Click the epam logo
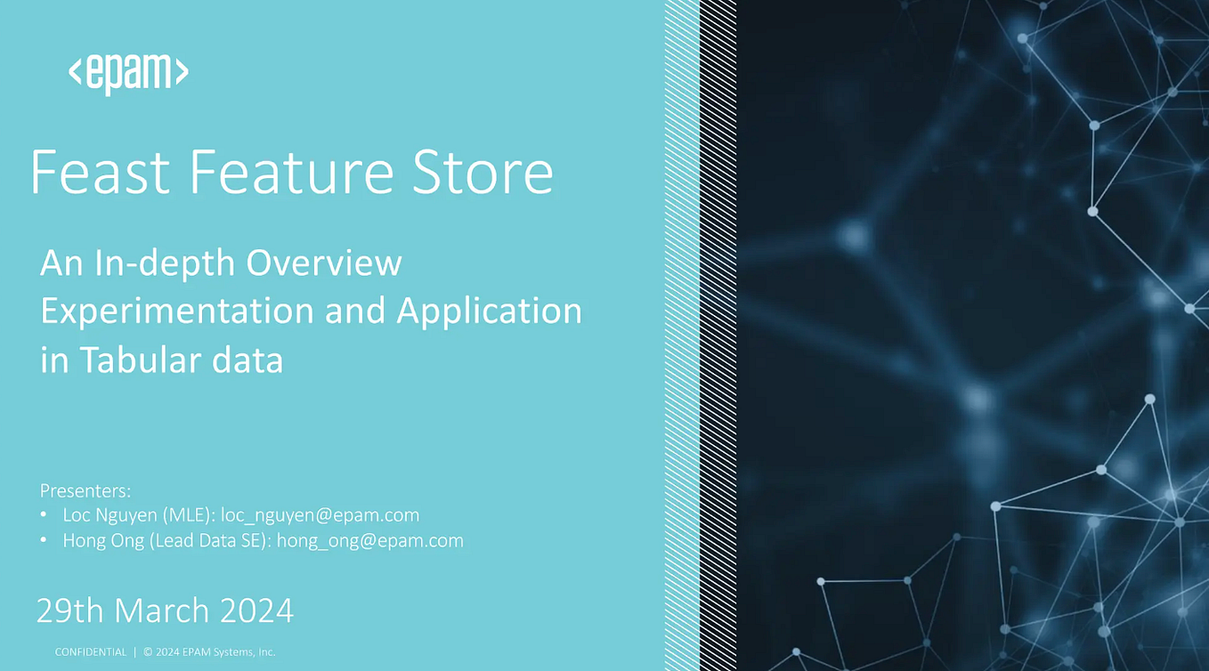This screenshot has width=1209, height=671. (x=128, y=72)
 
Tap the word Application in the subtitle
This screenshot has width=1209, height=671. (x=489, y=311)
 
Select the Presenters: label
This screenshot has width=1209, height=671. (x=85, y=490)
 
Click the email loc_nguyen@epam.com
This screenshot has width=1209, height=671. (x=320, y=515)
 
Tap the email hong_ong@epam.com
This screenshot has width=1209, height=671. (x=369, y=540)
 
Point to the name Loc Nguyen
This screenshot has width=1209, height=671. (x=108, y=515)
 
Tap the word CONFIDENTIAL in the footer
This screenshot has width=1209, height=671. (x=91, y=652)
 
